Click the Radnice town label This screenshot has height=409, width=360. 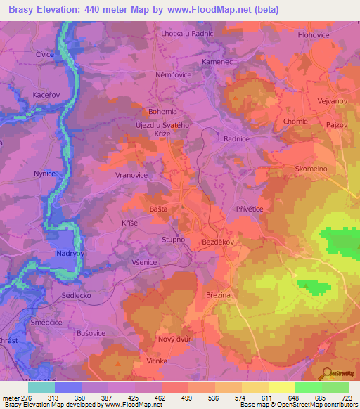(236, 139)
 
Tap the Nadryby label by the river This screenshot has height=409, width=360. (72, 252)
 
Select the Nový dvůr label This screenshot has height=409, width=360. (175, 339)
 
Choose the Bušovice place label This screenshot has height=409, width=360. (91, 334)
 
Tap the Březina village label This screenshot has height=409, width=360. (218, 295)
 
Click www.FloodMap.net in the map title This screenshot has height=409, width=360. (219, 10)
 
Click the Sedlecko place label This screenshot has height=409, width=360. (76, 296)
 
